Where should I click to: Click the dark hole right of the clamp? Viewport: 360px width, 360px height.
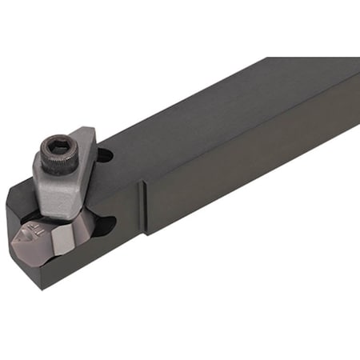(x=106, y=157)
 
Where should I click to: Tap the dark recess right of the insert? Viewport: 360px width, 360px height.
(x=102, y=228)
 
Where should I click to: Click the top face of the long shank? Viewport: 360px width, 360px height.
(x=240, y=104)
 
